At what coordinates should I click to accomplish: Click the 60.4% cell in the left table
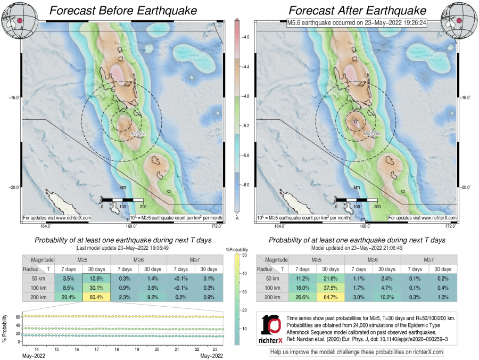pos(96,297)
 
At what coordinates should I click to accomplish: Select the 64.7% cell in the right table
pos(331,297)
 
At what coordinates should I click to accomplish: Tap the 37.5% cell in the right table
pos(331,288)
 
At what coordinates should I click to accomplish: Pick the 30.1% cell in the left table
pos(96,288)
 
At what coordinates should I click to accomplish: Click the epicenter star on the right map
pos(356,121)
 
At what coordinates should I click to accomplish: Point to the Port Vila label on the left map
pos(138,134)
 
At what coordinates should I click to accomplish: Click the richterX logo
pos(271,329)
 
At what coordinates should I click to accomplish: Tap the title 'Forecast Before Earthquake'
pos(123,11)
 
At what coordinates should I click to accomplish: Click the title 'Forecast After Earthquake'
pos(358,11)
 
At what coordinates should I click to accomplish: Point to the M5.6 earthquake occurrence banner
pos(357,22)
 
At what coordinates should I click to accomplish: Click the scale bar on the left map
pos(122,200)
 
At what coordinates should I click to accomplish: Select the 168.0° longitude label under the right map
pos(365,226)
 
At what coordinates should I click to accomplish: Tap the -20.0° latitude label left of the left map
pos(14,187)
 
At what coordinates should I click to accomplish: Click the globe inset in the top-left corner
pos(20,20)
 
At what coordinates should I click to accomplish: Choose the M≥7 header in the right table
pos(429,260)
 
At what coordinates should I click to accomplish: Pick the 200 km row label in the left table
pos(38,297)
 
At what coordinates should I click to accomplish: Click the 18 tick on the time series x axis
pos(117,349)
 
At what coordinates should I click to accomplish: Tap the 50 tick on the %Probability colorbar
pos(244,255)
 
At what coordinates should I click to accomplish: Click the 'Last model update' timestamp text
pos(122,248)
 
